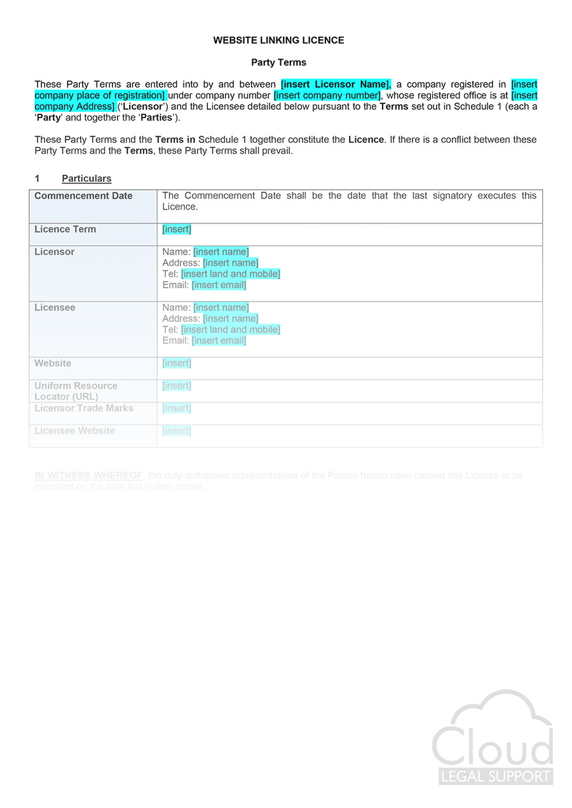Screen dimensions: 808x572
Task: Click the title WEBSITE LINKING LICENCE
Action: (278, 40)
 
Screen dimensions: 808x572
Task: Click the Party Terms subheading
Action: (278, 62)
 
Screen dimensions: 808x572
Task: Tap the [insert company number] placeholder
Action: (327, 96)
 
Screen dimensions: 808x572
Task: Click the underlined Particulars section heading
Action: (86, 179)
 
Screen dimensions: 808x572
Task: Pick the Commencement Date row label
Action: (83, 196)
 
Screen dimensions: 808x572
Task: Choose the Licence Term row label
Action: (65, 230)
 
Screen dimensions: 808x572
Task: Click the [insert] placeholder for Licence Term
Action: (177, 230)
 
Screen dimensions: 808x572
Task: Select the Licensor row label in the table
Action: (55, 252)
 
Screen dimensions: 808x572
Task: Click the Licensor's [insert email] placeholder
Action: (219, 285)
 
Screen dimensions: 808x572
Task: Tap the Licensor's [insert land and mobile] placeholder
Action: (230, 274)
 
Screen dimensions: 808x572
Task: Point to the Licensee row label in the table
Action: (55, 308)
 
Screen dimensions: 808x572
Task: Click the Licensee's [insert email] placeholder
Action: (219, 341)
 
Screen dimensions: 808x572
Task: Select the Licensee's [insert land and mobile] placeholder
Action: (230, 330)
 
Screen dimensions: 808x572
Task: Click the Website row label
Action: (53, 364)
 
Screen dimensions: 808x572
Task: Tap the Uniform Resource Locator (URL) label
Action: (76, 391)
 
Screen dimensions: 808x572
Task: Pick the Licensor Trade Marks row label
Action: (84, 408)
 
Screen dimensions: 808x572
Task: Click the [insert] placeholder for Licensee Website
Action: (177, 431)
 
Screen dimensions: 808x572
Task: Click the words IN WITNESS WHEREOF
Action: (88, 475)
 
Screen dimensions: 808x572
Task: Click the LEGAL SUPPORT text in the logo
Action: (496, 776)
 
